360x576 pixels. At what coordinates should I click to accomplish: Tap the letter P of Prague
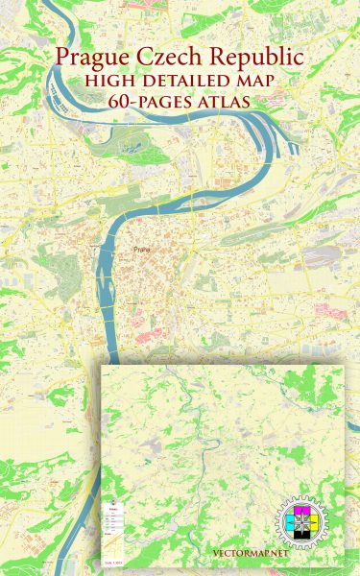[65, 59]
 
